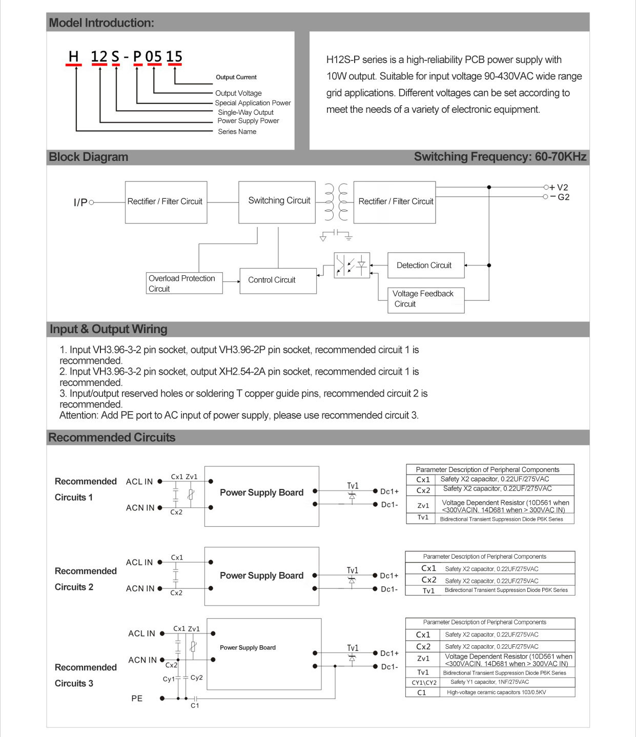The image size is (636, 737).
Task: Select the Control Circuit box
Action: [271, 280]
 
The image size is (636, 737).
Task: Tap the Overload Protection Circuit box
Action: [184, 283]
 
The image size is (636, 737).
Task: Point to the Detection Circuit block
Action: [425, 265]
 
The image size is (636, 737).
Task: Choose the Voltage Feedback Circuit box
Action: [425, 299]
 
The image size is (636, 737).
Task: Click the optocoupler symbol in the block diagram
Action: [352, 265]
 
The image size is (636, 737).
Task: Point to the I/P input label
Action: [80, 202]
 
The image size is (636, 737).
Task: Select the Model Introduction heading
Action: [101, 23]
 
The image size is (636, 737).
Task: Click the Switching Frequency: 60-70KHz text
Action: [500, 157]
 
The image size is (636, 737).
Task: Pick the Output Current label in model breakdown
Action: [236, 77]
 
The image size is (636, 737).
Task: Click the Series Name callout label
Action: [237, 132]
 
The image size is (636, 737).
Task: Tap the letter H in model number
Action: [74, 56]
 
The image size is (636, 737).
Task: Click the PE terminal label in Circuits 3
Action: [137, 699]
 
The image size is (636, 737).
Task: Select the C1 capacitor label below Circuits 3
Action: [195, 706]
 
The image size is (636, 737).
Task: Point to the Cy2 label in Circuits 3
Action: [197, 678]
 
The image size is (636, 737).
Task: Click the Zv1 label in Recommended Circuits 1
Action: [192, 477]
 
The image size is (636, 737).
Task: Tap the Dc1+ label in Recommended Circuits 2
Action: [389, 576]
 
